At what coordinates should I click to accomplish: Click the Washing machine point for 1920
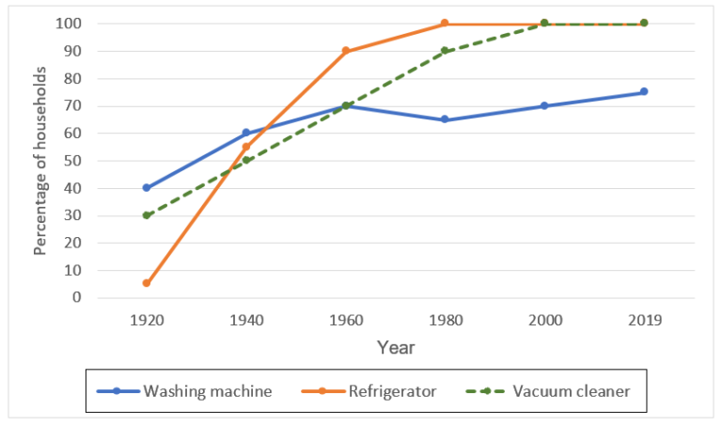tap(147, 188)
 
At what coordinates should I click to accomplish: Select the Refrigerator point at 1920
tap(147, 283)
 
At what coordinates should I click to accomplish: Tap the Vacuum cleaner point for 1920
tap(147, 215)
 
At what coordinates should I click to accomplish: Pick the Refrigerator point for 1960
tap(345, 51)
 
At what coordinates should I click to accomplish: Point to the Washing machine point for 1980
tap(445, 119)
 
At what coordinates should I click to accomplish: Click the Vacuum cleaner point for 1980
tap(445, 51)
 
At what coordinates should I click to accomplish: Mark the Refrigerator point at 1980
tap(445, 24)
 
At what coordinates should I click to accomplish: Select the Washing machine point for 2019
tap(644, 92)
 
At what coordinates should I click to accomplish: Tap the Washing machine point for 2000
tap(544, 106)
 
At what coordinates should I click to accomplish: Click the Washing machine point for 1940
tap(246, 134)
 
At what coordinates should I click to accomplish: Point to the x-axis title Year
tap(396, 348)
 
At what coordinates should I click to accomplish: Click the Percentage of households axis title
tap(40, 160)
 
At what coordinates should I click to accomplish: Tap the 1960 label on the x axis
tap(345, 320)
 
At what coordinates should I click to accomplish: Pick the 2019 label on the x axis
tap(644, 320)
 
